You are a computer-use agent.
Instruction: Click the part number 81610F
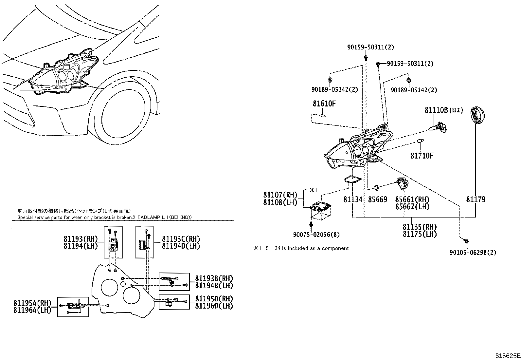pyautogui.click(x=324, y=104)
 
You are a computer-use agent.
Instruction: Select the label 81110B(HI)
pyautogui.click(x=444, y=110)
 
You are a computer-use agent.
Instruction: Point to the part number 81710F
pyautogui.click(x=422, y=156)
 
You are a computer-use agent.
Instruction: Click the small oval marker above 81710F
pyautogui.click(x=421, y=141)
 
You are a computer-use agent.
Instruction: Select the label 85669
pyautogui.click(x=377, y=199)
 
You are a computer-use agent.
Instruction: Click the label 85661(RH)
pyautogui.click(x=412, y=199)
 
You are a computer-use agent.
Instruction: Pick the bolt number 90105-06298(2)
pyautogui.click(x=473, y=253)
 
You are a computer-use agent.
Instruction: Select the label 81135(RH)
pyautogui.click(x=420, y=227)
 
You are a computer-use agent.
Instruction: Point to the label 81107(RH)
pyautogui.click(x=280, y=195)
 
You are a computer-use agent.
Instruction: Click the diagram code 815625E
pyautogui.click(x=507, y=355)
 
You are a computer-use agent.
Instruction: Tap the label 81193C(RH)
pyautogui.click(x=181, y=239)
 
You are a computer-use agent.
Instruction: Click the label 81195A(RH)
pyautogui.click(x=32, y=303)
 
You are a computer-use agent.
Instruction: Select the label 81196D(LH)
pyautogui.click(x=214, y=306)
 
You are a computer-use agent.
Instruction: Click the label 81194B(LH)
pyautogui.click(x=214, y=286)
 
